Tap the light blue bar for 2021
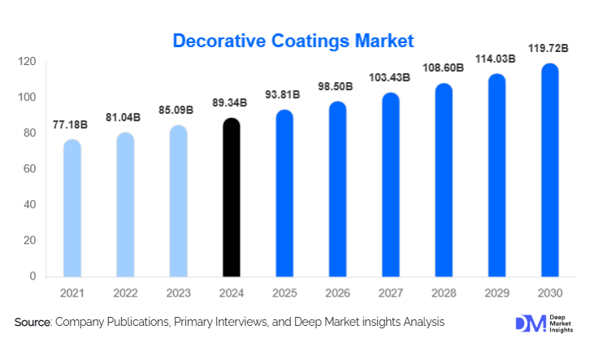(72, 208)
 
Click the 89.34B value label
(232, 106)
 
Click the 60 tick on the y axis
(30, 169)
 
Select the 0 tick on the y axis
(33, 276)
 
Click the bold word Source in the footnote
(33, 323)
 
